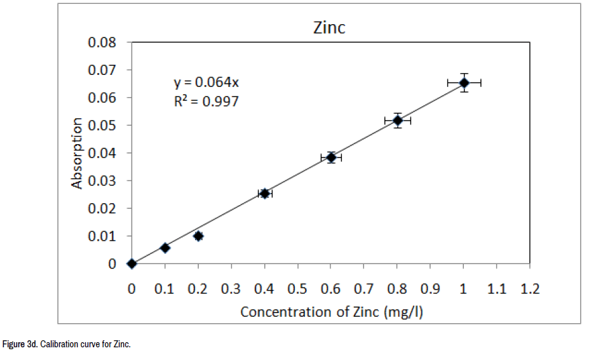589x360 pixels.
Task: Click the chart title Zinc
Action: (x=329, y=28)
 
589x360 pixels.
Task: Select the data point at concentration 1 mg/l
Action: (x=464, y=83)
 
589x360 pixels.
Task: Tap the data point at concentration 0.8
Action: (x=398, y=120)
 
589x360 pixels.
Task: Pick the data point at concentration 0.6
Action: (x=331, y=157)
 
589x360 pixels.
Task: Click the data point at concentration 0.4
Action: (x=265, y=193)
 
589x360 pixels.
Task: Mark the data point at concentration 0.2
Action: (x=198, y=236)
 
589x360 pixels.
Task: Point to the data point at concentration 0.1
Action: (x=165, y=248)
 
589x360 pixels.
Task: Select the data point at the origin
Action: (x=132, y=263)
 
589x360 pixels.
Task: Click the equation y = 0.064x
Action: (x=206, y=83)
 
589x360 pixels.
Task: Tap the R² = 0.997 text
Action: (x=206, y=100)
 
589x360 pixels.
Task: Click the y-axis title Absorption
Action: (x=77, y=153)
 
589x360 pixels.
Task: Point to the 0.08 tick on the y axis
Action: (x=102, y=43)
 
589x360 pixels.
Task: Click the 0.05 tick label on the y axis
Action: (x=102, y=125)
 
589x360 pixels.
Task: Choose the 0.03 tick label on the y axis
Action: (x=102, y=180)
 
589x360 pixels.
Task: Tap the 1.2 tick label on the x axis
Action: (x=531, y=289)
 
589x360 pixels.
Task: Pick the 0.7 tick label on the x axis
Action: (x=364, y=289)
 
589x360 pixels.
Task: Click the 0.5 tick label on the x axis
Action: (x=298, y=289)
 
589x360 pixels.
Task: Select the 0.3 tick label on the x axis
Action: (x=231, y=289)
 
